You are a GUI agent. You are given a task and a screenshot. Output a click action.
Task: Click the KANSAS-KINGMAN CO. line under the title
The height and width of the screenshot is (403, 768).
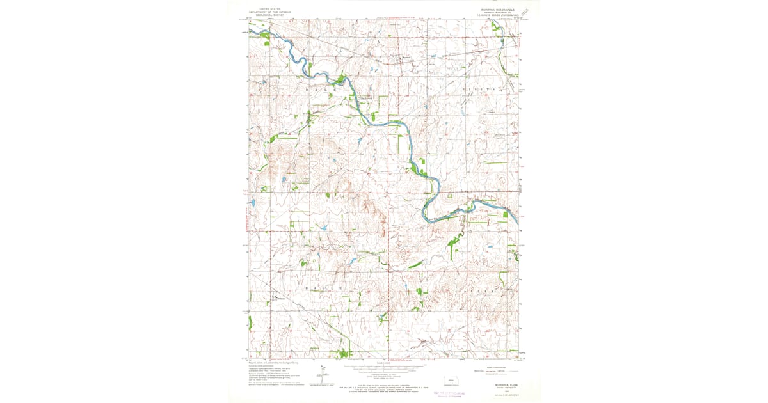(499, 13)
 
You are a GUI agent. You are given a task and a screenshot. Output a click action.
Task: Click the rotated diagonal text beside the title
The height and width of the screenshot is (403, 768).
(526, 12)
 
